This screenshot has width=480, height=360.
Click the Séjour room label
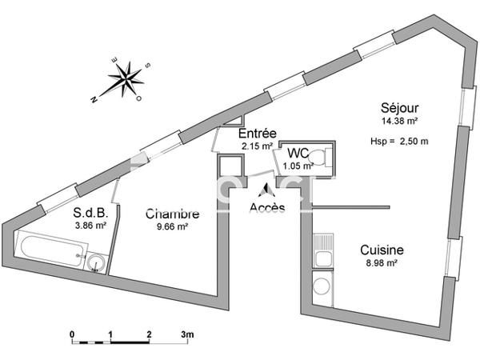tap(399, 108)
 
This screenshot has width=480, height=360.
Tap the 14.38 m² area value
tap(399, 121)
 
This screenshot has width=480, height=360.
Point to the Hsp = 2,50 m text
tap(399, 142)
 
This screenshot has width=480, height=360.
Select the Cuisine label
tap(382, 250)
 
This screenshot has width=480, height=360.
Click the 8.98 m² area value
tap(382, 262)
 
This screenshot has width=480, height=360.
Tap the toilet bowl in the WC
tap(317, 158)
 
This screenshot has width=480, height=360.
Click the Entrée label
tap(258, 134)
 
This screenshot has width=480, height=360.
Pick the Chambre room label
tap(172, 214)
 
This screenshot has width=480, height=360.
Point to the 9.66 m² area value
tap(172, 227)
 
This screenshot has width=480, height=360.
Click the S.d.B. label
tap(90, 213)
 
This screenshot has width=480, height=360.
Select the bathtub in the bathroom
tap(53, 250)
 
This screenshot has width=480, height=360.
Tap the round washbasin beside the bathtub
tap(96, 263)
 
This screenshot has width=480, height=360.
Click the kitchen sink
tap(323, 250)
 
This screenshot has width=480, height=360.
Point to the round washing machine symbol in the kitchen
tap(322, 286)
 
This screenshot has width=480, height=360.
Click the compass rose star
tap(126, 79)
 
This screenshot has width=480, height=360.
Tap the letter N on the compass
tap(94, 99)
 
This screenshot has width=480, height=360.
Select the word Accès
tap(267, 208)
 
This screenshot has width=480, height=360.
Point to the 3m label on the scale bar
tap(187, 334)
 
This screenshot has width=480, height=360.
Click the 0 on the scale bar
tap(72, 334)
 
